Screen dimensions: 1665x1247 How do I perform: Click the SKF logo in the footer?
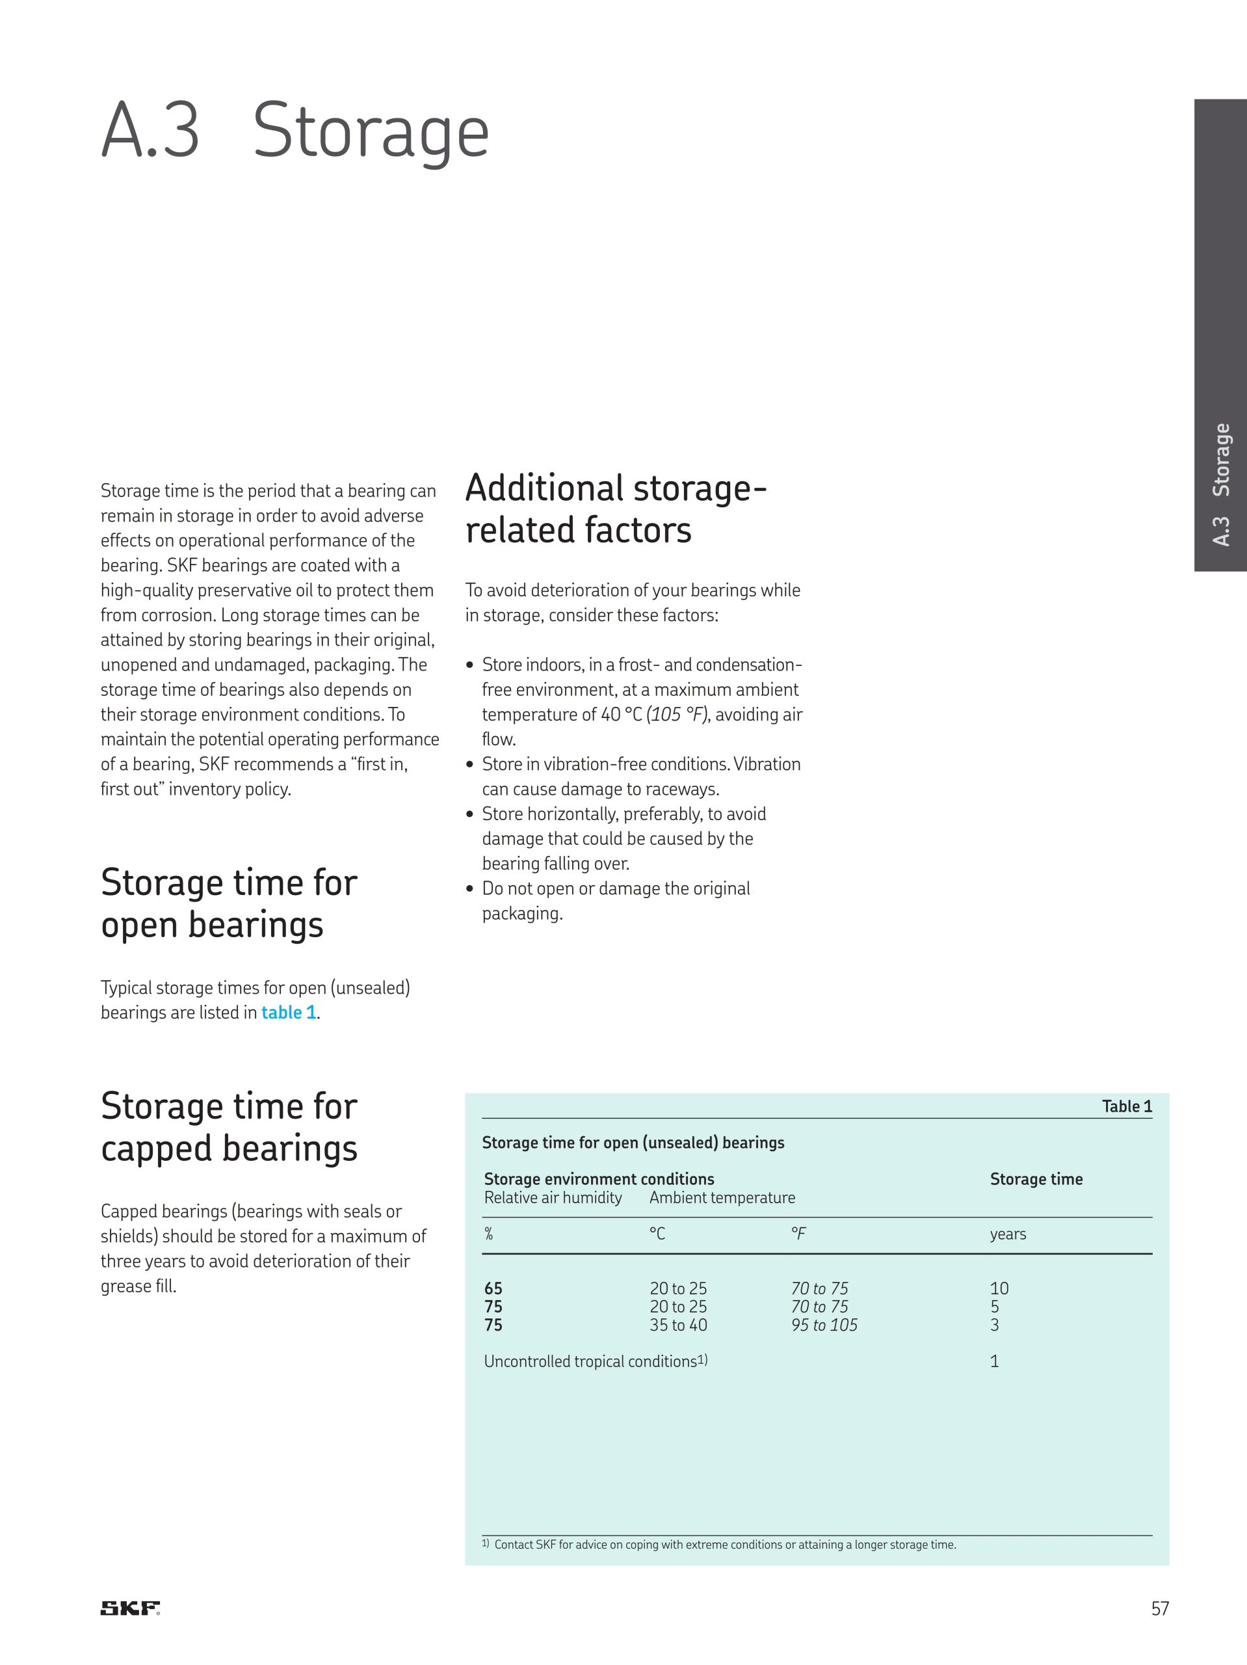click(130, 1608)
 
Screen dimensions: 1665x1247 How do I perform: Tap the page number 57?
click(1160, 1608)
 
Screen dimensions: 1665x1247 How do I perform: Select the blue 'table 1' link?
click(288, 1013)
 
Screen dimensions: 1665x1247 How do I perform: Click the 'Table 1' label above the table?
click(1127, 1106)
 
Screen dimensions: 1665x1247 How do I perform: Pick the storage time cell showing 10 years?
click(999, 1288)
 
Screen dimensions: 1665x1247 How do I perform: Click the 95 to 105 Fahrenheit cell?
click(823, 1325)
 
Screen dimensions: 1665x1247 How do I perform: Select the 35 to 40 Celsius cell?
click(678, 1325)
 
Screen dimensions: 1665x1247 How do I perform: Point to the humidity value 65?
click(493, 1288)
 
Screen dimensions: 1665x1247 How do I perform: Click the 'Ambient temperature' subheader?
click(722, 1197)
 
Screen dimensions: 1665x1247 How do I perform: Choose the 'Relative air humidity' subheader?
click(553, 1197)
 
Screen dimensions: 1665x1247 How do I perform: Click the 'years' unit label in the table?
click(1008, 1234)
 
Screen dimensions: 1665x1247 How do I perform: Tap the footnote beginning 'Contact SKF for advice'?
click(724, 1545)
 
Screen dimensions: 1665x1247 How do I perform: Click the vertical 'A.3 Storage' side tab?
click(1220, 485)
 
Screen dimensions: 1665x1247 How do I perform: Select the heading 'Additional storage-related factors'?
click(616, 508)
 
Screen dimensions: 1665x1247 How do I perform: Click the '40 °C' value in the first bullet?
click(621, 714)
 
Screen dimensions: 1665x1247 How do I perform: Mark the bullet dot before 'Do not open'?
click(469, 889)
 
